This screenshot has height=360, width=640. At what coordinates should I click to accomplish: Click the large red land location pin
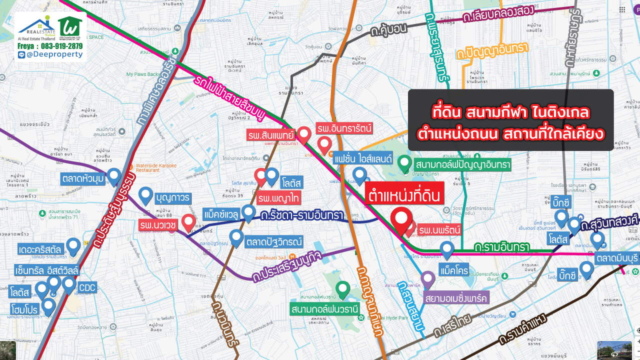click(x=401, y=219)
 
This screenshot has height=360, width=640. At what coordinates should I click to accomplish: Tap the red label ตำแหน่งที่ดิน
click(x=404, y=194)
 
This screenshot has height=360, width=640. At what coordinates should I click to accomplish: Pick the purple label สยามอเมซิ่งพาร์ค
click(x=455, y=298)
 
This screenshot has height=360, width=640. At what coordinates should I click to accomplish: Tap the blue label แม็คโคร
click(x=454, y=270)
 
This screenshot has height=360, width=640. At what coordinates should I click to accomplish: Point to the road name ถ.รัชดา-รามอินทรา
click(x=302, y=216)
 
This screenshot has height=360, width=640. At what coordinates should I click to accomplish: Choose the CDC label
click(x=87, y=287)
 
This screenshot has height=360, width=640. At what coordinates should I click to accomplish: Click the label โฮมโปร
click(x=24, y=310)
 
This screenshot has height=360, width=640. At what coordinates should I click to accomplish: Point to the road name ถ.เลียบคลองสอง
click(x=498, y=15)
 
